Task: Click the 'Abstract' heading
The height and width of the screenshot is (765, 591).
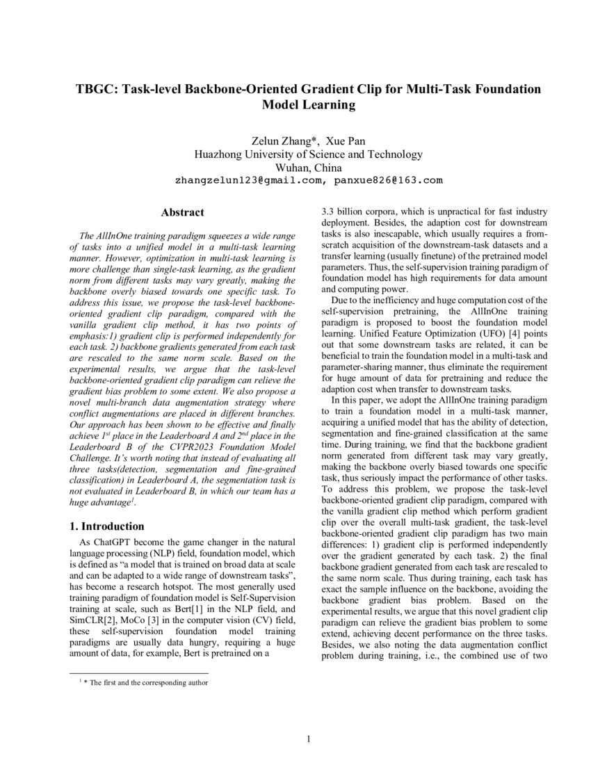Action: pyautogui.click(x=182, y=212)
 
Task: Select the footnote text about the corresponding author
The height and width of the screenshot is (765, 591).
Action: pyautogui.click(x=147, y=682)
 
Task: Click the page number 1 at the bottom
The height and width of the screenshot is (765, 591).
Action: pyautogui.click(x=308, y=739)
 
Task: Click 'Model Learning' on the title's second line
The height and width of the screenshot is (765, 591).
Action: pyautogui.click(x=308, y=106)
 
